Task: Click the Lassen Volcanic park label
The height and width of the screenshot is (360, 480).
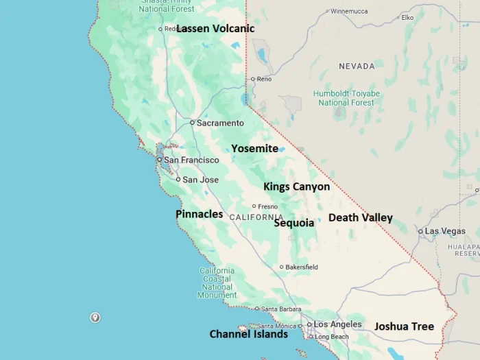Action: pyautogui.click(x=215, y=29)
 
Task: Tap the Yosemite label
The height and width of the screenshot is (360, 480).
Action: pyautogui.click(x=254, y=149)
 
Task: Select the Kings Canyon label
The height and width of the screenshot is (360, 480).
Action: pyautogui.click(x=296, y=187)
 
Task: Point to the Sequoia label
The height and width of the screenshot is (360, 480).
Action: pyautogui.click(x=294, y=223)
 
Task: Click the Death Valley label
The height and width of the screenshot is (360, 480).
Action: pyautogui.click(x=360, y=218)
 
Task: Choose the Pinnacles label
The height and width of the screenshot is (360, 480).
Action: pyautogui.click(x=199, y=214)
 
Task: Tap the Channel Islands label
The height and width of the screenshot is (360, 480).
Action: pyautogui.click(x=248, y=335)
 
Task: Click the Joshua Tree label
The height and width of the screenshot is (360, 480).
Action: pyautogui.click(x=404, y=326)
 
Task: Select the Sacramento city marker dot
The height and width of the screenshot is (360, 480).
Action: pyautogui.click(x=192, y=123)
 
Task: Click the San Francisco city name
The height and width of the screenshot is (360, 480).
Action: pyautogui.click(x=191, y=160)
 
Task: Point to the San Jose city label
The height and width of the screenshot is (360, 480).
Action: pyautogui.click(x=200, y=180)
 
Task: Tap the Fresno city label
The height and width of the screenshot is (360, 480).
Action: pyautogui.click(x=267, y=206)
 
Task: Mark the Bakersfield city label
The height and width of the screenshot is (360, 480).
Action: pyautogui.click(x=302, y=267)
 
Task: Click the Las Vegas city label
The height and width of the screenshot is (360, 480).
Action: pyautogui.click(x=445, y=231)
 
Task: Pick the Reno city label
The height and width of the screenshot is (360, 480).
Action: pyautogui.click(x=264, y=79)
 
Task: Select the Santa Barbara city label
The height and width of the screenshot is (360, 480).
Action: pyautogui.click(x=281, y=309)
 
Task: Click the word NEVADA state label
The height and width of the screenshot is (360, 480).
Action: pyautogui.click(x=357, y=66)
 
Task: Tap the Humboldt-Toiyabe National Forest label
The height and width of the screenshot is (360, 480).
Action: pyautogui.click(x=346, y=98)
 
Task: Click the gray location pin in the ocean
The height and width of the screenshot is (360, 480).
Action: pyautogui.click(x=95, y=317)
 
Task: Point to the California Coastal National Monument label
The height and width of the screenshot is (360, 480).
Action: pyautogui.click(x=217, y=283)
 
